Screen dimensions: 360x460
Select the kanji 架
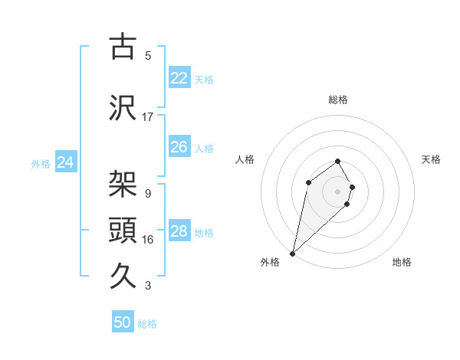[123, 184]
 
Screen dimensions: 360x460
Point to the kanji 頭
[123, 230]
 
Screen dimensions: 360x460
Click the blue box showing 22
[179, 78]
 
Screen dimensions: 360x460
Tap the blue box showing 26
[179, 147]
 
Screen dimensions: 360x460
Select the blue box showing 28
[179, 231]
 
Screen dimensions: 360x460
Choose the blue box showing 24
[65, 162]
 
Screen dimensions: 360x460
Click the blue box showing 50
[123, 322]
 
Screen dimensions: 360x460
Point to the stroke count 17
[148, 117]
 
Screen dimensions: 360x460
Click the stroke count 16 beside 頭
[148, 240]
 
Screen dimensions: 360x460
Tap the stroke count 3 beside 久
[148, 286]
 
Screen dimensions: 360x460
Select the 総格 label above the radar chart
[338, 100]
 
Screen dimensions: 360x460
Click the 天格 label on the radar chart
[431, 159]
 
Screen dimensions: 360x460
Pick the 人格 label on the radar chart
[245, 159]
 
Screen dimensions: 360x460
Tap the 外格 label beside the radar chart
[270, 262]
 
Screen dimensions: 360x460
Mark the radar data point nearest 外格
[292, 253]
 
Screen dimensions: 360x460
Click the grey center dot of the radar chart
[338, 191]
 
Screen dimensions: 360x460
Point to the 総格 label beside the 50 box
[147, 324]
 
